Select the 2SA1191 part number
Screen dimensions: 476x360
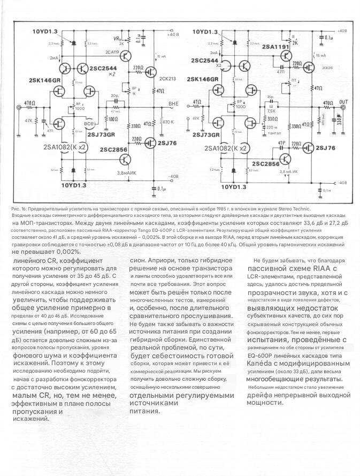click(276, 47)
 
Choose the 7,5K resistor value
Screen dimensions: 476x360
click(272, 112)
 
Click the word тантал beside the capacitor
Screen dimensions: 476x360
click(273, 132)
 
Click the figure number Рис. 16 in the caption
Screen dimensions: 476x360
click(18, 208)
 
